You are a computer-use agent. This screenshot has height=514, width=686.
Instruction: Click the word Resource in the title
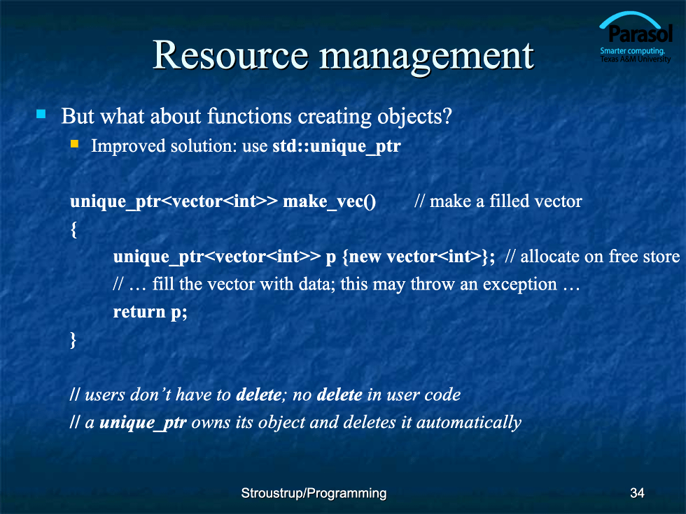pos(230,55)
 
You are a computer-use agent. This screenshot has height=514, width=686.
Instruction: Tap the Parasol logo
pos(636,38)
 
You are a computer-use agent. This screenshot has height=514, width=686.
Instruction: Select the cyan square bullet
pos(41,114)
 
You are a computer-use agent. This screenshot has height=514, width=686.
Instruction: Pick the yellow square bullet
pos(74,144)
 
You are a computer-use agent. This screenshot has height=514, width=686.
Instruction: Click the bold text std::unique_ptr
pos(337,146)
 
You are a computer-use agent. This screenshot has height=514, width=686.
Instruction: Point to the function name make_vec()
pos(329,202)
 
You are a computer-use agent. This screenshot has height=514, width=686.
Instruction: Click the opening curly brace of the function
pos(74,229)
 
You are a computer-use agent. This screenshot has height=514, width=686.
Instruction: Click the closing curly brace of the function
pos(73,340)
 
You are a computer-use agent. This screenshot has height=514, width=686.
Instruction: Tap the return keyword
pos(139,312)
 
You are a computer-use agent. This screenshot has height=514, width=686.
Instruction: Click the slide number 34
pos(637,493)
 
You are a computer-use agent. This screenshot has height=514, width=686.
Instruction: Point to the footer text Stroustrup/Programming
pos(314,494)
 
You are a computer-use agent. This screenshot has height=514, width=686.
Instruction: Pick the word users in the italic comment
pos(105,395)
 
